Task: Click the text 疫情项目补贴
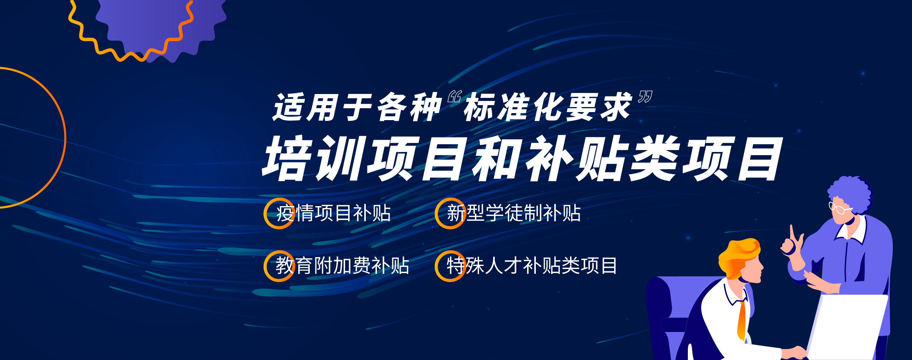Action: pyautogui.click(x=333, y=213)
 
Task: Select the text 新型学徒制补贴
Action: pyautogui.click(x=514, y=213)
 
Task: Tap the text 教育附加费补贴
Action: pyautogui.click(x=342, y=266)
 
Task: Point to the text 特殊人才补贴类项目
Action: pyautogui.click(x=532, y=266)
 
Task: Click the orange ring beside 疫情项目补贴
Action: pyautogui.click(x=265, y=213)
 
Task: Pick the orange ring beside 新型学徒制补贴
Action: pyautogui.click(x=436, y=213)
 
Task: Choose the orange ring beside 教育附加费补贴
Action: pyautogui.click(x=265, y=266)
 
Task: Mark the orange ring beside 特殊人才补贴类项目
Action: pyautogui.click(x=436, y=266)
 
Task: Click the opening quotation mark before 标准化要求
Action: pyautogui.click(x=454, y=97)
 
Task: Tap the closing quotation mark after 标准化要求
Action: pyautogui.click(x=645, y=97)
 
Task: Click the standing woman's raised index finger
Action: pyautogui.click(x=792, y=233)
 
